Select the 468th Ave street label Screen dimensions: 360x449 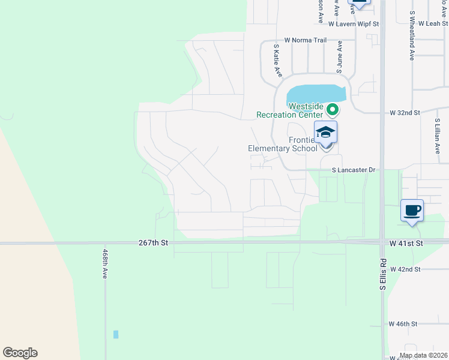coord(104,264)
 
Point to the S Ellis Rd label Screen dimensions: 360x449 coord(382,275)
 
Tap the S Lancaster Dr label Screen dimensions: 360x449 coord(354,170)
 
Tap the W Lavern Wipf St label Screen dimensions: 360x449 coord(354,24)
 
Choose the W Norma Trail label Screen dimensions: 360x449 coord(305,40)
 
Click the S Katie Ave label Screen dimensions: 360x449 coord(277,60)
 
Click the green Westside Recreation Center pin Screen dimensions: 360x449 coord(332,109)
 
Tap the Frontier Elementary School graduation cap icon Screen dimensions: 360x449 coord(325,131)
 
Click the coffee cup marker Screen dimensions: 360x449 coord(412,211)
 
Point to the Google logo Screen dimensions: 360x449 coord(20,353)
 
